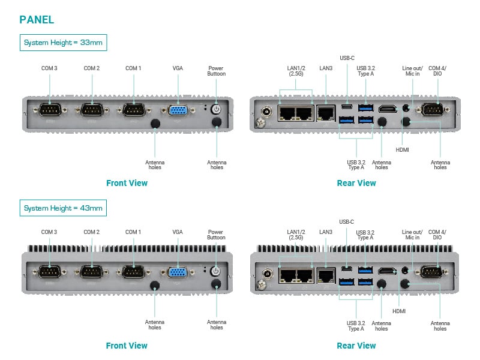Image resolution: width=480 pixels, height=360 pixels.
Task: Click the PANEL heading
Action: (x=37, y=19)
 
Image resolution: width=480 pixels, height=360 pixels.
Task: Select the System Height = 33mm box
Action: (x=63, y=43)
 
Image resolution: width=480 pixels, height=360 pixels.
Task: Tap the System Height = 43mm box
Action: (x=63, y=208)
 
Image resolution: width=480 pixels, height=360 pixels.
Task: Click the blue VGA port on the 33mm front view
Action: (x=178, y=110)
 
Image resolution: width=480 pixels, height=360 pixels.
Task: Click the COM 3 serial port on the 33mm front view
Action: (x=50, y=111)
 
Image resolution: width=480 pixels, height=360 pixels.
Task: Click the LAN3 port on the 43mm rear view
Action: (x=326, y=275)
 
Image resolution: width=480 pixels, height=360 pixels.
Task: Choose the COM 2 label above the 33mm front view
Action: (x=91, y=68)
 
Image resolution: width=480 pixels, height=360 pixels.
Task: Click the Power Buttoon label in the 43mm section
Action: (x=217, y=235)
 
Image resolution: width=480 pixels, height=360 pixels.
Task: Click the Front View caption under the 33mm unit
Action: (x=127, y=183)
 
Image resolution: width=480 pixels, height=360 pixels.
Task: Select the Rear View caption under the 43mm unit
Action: (x=356, y=346)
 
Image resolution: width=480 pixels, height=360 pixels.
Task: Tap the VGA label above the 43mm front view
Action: (x=178, y=232)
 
